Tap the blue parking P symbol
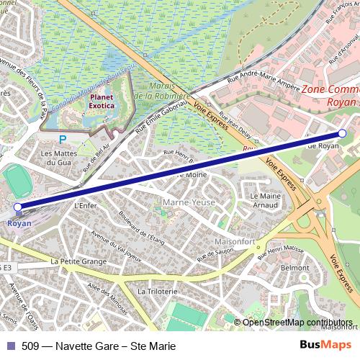tap(63, 139)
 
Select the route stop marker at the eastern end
tap(342, 133)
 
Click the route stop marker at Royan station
tap(18, 207)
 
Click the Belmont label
tap(295, 267)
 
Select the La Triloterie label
tap(157, 291)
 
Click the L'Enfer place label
tap(85, 204)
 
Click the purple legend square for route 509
tap(11, 346)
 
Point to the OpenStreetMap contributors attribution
tap(297, 322)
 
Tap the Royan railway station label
tap(19, 222)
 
